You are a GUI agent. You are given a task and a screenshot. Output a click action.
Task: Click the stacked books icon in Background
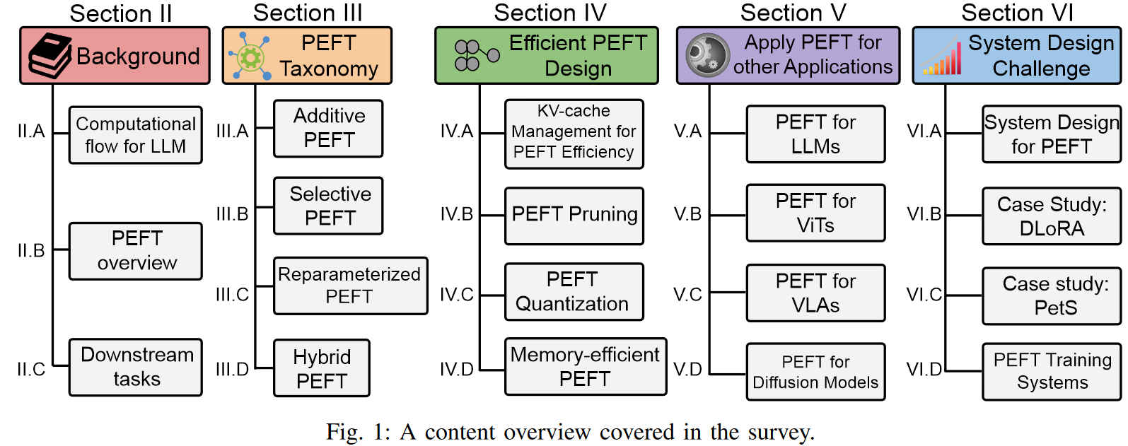coord(50,56)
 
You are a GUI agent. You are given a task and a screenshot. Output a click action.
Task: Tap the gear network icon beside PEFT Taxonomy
coord(250,56)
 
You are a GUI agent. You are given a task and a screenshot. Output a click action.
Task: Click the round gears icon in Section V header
coord(707,55)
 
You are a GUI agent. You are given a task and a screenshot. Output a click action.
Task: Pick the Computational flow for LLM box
coord(136,135)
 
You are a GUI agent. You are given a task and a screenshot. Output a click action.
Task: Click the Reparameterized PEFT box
coord(350,286)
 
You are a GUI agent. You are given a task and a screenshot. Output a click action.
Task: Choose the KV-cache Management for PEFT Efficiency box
coord(574,134)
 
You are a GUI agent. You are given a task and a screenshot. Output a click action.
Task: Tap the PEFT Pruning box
coord(574,216)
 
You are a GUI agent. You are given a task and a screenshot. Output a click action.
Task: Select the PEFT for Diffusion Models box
coord(815,372)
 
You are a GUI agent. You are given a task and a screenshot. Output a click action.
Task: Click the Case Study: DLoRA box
coord(1052,216)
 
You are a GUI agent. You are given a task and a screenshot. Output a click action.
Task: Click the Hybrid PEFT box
coord(322,368)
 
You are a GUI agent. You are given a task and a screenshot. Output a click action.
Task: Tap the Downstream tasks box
coord(136,367)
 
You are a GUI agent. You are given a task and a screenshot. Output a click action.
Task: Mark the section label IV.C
coord(456,295)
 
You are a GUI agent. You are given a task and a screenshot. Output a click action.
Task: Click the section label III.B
coord(232,213)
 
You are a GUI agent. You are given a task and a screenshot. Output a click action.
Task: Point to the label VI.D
coord(924,370)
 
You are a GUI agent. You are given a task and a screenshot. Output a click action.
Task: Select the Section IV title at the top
coord(550,13)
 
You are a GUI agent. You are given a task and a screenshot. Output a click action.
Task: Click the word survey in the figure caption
coord(781,432)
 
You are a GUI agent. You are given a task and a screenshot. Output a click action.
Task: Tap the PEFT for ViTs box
coord(815,213)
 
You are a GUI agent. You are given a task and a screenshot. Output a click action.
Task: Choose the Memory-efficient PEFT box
coord(585,366)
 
